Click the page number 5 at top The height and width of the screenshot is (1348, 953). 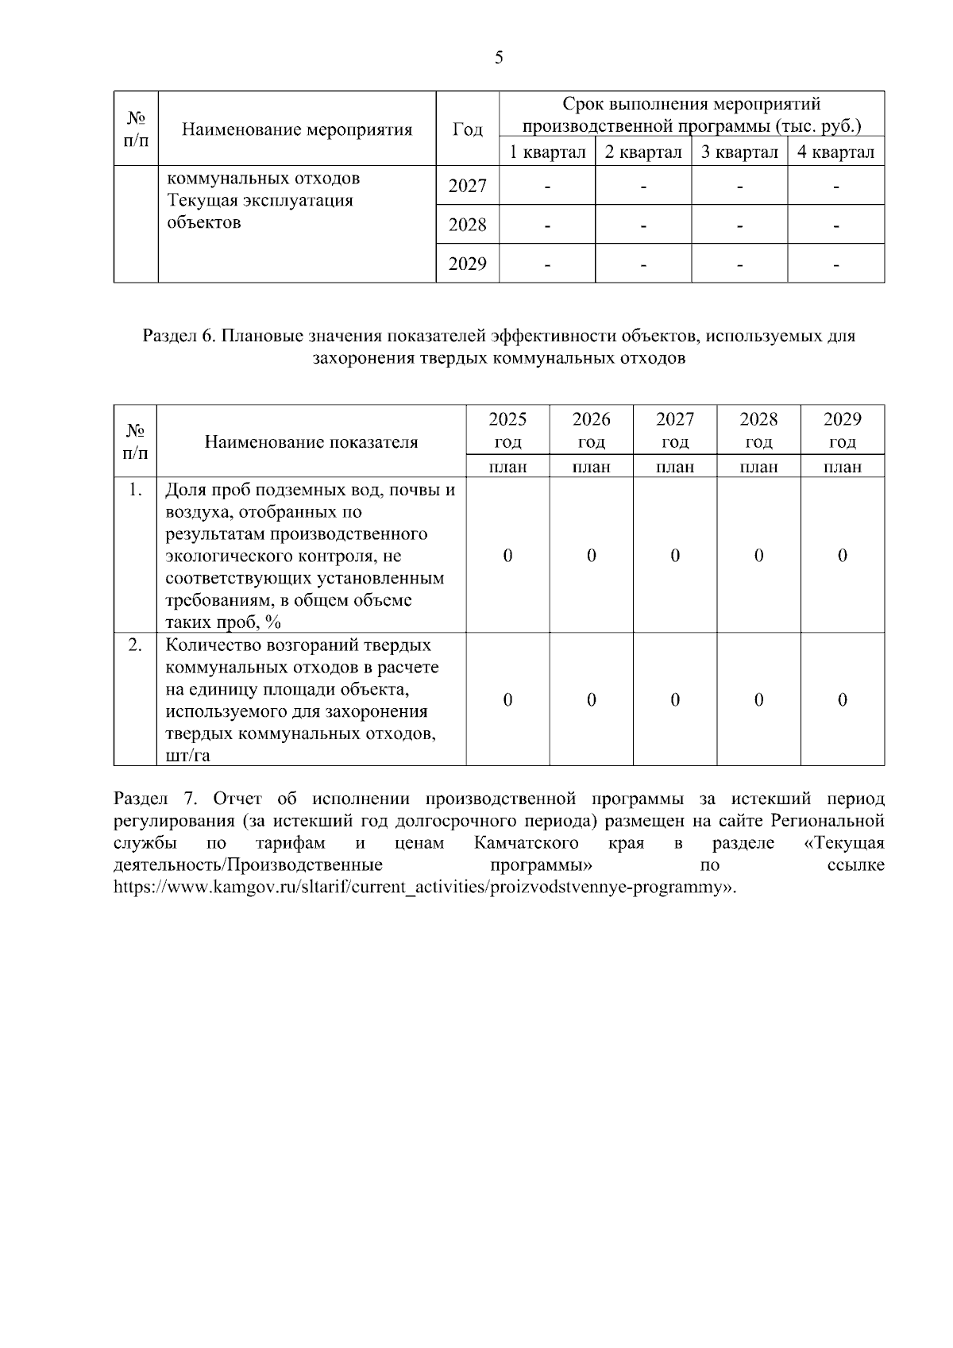coord(498,57)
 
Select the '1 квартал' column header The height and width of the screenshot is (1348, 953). coord(547,152)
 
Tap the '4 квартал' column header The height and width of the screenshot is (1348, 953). coord(835,152)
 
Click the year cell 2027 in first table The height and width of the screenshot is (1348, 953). coord(467,186)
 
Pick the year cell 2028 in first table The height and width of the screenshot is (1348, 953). coord(467,225)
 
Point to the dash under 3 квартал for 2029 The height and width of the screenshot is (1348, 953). coord(739,264)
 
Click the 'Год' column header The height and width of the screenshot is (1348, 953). coord(467,129)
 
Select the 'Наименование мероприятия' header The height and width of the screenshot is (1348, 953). coord(297,129)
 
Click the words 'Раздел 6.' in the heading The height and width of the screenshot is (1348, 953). coord(179,336)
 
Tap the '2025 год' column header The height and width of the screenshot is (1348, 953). coord(507,429)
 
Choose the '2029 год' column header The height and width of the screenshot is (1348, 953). coord(842,429)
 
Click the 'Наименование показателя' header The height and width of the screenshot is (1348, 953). coord(311,442)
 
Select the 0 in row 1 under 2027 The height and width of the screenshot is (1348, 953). coord(675,556)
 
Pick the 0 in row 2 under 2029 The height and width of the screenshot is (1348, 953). coord(842,699)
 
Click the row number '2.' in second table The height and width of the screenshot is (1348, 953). coord(135,645)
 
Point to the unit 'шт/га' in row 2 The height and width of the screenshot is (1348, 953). coord(188,755)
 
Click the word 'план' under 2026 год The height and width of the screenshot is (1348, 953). coord(591,467)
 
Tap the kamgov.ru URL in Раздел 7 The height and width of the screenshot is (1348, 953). coord(425,887)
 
